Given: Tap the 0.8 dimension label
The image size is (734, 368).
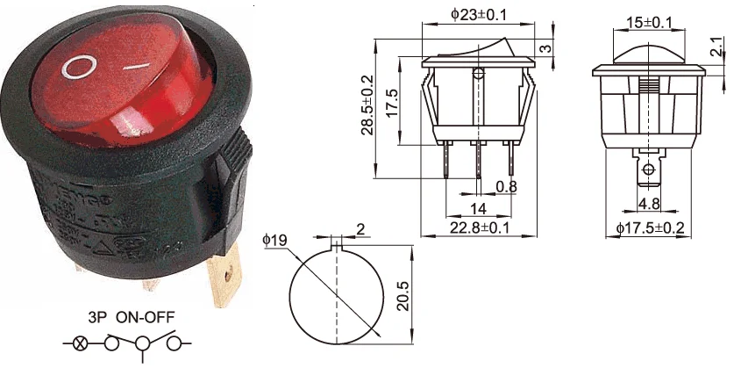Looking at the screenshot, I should coord(506,186).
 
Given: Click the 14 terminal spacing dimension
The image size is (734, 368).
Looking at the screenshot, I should coord(478,208).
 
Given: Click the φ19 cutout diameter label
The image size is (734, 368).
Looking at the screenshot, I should coord(274,238).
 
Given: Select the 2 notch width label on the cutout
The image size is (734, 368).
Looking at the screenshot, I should coord(360,231).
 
